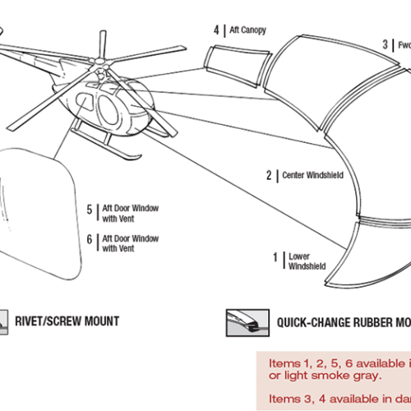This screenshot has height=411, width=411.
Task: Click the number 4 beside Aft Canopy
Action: [216, 30]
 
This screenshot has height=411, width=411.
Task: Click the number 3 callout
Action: [384, 45]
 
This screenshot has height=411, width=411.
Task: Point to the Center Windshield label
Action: [312, 175]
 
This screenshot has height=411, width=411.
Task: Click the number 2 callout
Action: [268, 175]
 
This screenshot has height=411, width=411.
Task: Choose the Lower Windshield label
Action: [307, 261]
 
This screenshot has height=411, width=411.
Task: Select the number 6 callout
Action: [90, 243]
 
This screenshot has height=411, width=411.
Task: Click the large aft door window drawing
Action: [41, 214]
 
